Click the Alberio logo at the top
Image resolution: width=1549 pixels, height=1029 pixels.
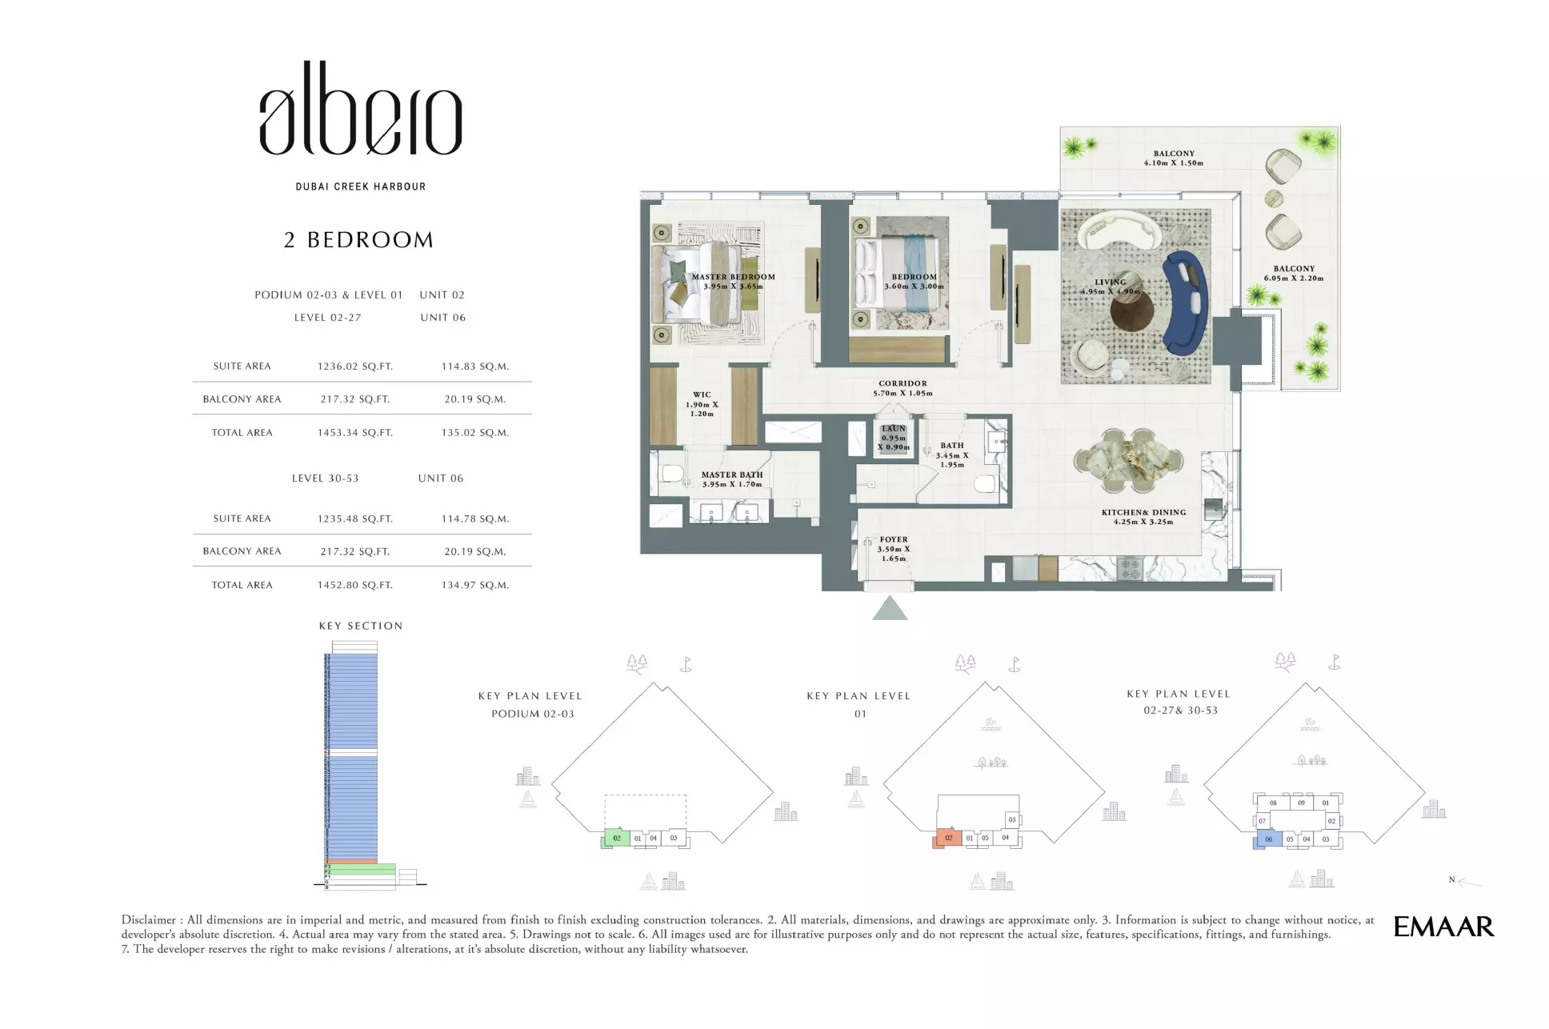[360, 110]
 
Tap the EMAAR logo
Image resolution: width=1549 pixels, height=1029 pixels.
[1443, 927]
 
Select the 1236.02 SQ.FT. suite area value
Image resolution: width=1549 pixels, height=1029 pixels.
[354, 366]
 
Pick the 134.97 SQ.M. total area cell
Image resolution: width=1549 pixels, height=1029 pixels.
[474, 585]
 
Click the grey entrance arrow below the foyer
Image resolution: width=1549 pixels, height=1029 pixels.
[890, 608]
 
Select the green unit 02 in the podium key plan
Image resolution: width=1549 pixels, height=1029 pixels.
[616, 838]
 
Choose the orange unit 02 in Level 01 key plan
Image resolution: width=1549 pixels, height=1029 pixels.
[948, 838]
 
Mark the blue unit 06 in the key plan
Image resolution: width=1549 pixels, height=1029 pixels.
[1268, 839]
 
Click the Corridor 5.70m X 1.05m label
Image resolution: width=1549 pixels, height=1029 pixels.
[903, 388]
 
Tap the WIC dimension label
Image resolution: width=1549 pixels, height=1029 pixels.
[702, 404]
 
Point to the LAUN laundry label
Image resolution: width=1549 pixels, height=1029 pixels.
[894, 438]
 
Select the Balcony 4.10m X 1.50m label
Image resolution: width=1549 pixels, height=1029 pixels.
[1173, 158]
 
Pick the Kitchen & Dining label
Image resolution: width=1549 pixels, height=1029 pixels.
[1143, 517]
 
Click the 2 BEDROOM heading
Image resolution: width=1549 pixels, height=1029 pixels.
[358, 240]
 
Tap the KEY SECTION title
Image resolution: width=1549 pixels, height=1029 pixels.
[361, 626]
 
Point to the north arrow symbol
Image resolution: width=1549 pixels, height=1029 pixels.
[1467, 881]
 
